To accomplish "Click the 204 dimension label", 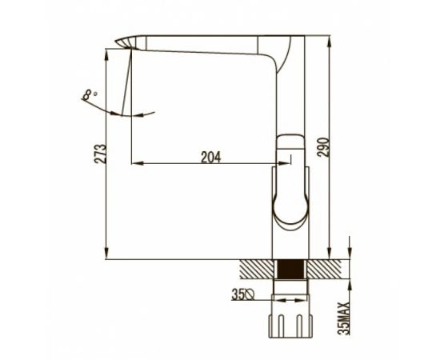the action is coord(210,157).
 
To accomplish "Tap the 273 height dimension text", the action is coord(100,154).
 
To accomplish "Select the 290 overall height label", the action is coord(323,147).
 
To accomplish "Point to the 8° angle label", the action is coord(90,94).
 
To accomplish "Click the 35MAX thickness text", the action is coord(344,318).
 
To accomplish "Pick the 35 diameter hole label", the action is coord(238,294).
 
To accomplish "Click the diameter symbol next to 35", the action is coord(249,295).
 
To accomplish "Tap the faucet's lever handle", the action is coord(290,180).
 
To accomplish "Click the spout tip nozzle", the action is coord(126,42).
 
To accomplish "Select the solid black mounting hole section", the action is coord(290,269).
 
